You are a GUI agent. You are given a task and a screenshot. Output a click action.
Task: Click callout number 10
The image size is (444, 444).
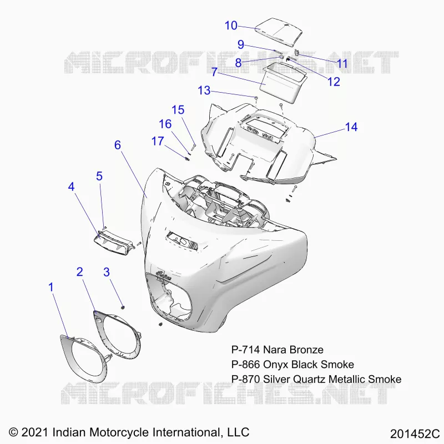pos(231,26)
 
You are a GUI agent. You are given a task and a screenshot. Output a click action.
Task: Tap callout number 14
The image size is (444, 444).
pos(351,127)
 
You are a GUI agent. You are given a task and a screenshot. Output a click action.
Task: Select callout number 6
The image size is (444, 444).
pos(118,145)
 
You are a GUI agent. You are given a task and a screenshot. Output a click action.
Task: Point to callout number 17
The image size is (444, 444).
pos(158,141)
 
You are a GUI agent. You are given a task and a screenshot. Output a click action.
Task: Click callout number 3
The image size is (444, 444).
pos(107,272)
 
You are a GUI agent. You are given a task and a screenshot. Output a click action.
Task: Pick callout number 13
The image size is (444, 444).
pos(204,90)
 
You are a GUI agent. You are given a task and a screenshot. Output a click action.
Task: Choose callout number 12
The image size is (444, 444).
pos(334,82)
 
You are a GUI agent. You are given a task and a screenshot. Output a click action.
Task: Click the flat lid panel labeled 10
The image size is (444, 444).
pos(279,32)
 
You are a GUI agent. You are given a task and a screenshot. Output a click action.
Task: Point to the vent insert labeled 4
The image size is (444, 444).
pos(114,241)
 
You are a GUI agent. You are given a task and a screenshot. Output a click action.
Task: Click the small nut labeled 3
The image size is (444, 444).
pos(123,307)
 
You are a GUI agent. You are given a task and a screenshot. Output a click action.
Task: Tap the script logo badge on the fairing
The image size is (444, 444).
pos(164,275)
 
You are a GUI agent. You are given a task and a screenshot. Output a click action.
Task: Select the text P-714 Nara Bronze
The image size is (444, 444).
pos(277,350)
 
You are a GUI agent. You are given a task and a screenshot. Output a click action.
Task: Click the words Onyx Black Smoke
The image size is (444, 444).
pos(309,365)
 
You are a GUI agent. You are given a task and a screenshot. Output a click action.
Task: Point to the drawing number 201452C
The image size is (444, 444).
pos(415,434)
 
